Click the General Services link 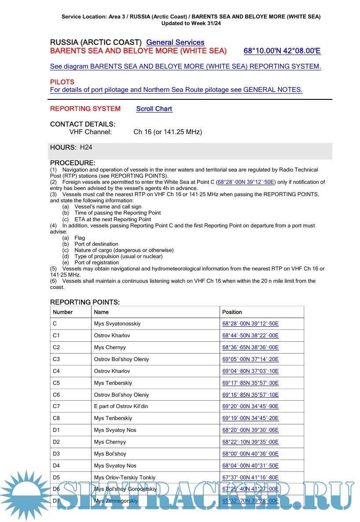[175, 42]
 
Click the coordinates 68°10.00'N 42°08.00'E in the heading [282, 51]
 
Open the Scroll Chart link [154, 109]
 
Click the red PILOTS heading [62, 82]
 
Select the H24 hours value [86, 147]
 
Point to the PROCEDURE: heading [73, 163]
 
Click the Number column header [62, 312]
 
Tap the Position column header [232, 312]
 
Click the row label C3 [56, 359]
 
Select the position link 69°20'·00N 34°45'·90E [250, 406]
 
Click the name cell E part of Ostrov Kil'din [121, 406]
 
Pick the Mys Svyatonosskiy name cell [117, 324]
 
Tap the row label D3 [56, 454]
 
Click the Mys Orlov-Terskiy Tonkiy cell [125, 478]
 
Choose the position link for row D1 [250, 430]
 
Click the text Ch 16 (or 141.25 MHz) [168, 132]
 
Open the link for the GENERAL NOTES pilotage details [176, 90]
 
